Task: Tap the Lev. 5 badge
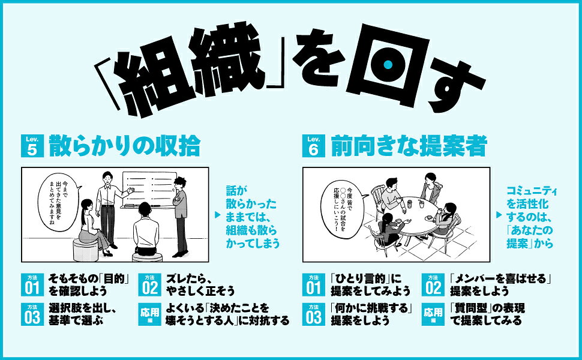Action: click(x=32, y=146)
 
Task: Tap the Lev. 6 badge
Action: click(x=314, y=146)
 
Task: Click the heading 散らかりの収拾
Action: click(x=125, y=146)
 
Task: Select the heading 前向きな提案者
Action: click(x=409, y=146)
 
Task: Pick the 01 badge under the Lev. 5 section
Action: click(x=32, y=284)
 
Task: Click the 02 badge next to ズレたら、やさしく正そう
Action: click(x=149, y=284)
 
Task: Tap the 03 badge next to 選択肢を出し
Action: click(x=32, y=314)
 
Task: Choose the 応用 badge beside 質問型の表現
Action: click(x=433, y=314)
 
